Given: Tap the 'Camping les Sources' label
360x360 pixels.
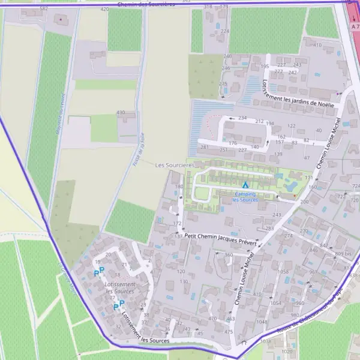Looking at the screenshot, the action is [x=245, y=197].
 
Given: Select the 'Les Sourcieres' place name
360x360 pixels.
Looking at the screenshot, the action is [x=175, y=164].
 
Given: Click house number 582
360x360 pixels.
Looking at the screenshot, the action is [x=43, y=9].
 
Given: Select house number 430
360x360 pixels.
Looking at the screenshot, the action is [x=121, y=112].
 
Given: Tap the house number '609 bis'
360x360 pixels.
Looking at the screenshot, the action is [x=344, y=254].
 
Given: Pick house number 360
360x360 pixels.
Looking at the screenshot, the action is [x=228, y=255].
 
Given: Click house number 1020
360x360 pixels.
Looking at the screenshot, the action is [x=287, y=352].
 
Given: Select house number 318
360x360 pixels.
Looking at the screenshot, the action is [x=208, y=6].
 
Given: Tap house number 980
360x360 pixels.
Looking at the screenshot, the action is [x=295, y=315].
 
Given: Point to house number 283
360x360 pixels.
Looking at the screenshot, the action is [x=269, y=229].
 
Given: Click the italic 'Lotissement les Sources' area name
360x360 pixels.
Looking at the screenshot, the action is [x=119, y=287].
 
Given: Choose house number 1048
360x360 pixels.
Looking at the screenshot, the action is [x=262, y=322].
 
